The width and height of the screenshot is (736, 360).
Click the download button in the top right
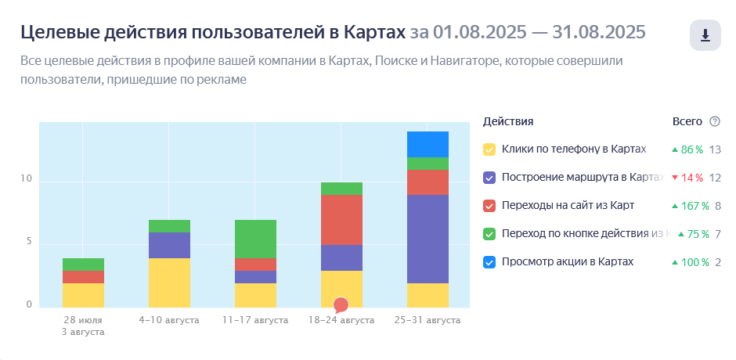[x=705, y=35]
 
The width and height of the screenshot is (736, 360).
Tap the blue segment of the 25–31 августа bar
[x=428, y=144]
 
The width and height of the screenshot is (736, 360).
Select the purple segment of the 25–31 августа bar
[x=428, y=239]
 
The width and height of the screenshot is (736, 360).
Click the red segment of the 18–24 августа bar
[x=341, y=220]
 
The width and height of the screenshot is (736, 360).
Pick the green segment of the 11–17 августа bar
[x=255, y=239]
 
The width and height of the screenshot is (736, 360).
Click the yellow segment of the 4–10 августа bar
[x=169, y=283]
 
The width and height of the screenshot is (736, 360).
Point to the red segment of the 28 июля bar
[x=84, y=276]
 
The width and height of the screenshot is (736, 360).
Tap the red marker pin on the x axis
[x=341, y=304]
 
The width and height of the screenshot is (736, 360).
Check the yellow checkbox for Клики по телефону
[x=489, y=149]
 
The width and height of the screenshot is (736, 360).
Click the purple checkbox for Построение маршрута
[x=489, y=178]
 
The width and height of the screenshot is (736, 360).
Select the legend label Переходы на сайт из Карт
[x=568, y=206]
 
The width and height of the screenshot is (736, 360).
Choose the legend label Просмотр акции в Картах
[x=568, y=262]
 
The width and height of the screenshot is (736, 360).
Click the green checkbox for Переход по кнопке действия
[x=489, y=234]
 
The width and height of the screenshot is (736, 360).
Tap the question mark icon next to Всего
[x=714, y=121]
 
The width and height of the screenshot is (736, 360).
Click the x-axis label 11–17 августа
[x=255, y=320]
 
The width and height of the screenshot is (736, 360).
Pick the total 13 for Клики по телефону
[x=715, y=149]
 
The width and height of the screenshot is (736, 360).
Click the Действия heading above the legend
[x=508, y=121]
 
